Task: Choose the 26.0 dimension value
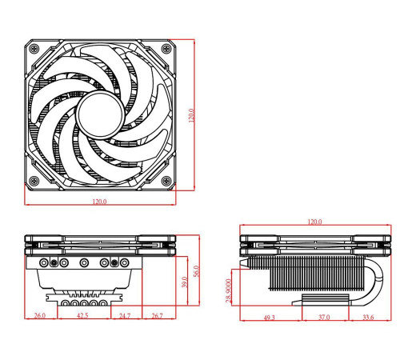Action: click(x=40, y=317)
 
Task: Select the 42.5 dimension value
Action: click(x=82, y=317)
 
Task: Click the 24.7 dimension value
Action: click(x=124, y=317)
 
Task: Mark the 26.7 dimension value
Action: click(x=157, y=317)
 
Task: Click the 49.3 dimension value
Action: click(x=269, y=318)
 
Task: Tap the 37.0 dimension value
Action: click(x=322, y=318)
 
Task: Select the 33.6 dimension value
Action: click(x=367, y=318)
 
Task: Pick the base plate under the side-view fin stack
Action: click(x=325, y=302)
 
